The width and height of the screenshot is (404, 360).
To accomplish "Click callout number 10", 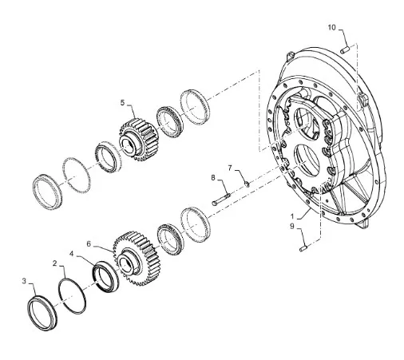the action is click(331, 27).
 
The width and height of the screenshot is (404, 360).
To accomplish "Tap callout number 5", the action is click(122, 103).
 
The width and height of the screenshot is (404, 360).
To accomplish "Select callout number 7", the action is click(230, 168).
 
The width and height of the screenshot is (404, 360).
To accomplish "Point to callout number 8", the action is click(213, 178).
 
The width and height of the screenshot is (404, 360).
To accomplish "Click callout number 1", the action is click(292, 216).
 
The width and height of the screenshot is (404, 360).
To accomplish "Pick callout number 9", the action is click(292, 226).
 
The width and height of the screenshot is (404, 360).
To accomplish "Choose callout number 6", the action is click(89, 244).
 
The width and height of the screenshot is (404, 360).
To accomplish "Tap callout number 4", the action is click(71, 254).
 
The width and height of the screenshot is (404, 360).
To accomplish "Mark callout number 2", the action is click(55, 263).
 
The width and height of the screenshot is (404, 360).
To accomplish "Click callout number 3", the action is click(24, 281).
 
